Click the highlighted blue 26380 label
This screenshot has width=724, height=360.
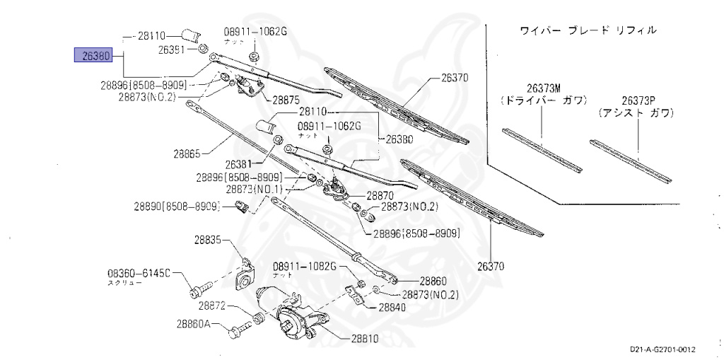(x=94, y=54)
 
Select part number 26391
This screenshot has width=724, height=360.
(x=171, y=50)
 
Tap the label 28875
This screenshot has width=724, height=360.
(x=288, y=100)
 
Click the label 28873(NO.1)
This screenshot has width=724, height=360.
(x=255, y=190)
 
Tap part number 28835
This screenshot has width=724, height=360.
(x=209, y=240)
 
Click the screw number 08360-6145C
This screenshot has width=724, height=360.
(x=139, y=273)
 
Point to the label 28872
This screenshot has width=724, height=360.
(x=212, y=306)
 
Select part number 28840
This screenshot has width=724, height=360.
(x=392, y=308)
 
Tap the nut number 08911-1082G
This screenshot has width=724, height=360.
(x=305, y=265)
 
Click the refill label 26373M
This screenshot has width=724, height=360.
(x=543, y=88)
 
